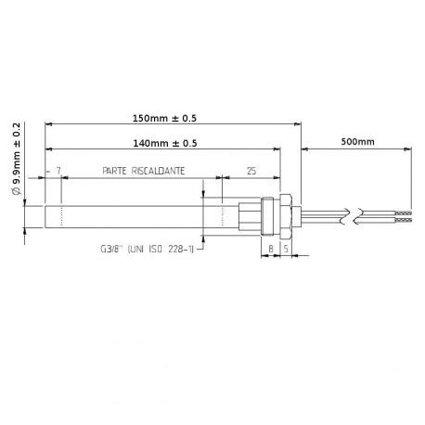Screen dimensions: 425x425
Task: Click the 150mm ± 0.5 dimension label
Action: tap(169, 118)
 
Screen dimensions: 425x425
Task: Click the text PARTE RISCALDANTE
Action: tap(143, 173)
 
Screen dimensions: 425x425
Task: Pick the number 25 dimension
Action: tap(251, 173)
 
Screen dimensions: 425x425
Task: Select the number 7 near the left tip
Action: tap(58, 173)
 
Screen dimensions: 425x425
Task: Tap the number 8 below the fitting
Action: tap(270, 250)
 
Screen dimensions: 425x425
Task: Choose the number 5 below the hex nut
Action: tap(285, 250)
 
